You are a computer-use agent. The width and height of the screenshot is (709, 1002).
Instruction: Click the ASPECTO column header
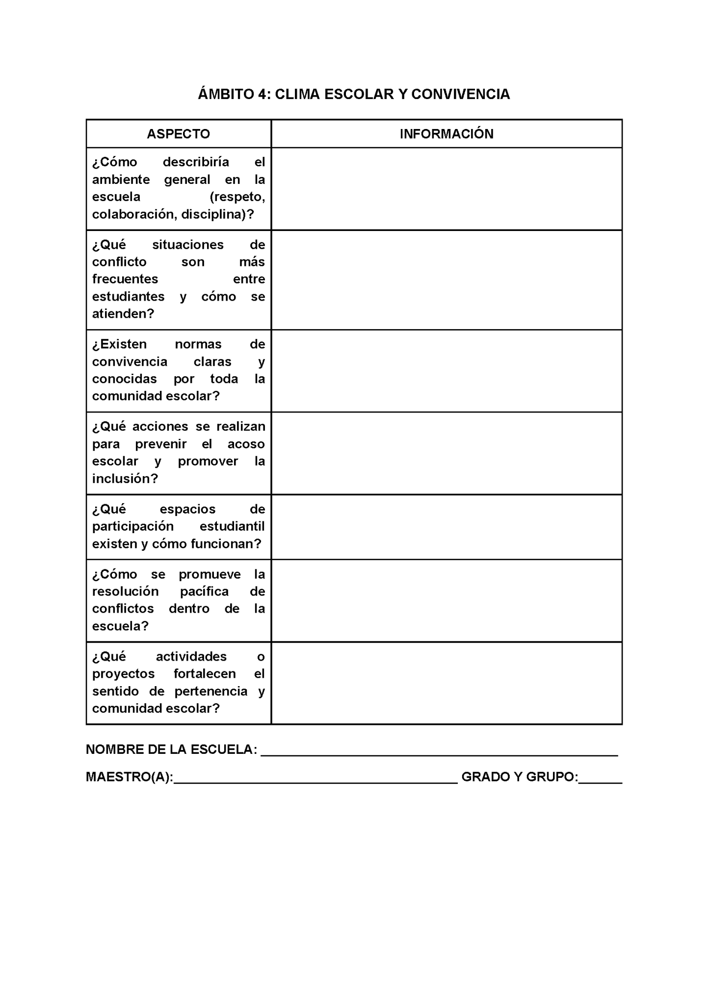[x=178, y=134]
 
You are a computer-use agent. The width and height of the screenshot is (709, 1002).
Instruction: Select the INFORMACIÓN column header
[x=446, y=134]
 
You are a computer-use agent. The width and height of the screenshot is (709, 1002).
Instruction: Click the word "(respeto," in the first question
[x=237, y=197]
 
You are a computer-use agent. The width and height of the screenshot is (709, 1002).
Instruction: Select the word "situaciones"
[x=187, y=245]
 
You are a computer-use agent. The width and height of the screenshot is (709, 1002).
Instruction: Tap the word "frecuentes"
[x=125, y=279]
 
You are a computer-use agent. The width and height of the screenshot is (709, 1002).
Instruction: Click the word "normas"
[x=198, y=344]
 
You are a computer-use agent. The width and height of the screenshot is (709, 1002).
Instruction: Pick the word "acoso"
[x=246, y=444]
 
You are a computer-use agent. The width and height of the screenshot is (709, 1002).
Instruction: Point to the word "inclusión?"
[x=125, y=479]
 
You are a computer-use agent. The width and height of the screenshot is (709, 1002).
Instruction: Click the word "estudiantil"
[x=232, y=527]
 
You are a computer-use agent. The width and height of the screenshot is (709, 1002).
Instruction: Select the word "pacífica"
[x=204, y=592]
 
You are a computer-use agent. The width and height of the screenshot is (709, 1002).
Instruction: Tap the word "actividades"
[x=191, y=657]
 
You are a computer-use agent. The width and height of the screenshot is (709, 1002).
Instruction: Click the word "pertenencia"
[x=211, y=692]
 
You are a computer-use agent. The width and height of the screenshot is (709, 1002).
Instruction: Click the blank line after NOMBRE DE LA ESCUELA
[x=439, y=750]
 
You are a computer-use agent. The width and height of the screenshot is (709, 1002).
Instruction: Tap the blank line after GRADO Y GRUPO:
[x=600, y=777]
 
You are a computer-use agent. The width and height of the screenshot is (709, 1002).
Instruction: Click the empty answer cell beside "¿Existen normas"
[x=446, y=371]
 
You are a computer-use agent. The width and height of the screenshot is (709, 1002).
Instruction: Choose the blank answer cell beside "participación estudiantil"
[x=446, y=527]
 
